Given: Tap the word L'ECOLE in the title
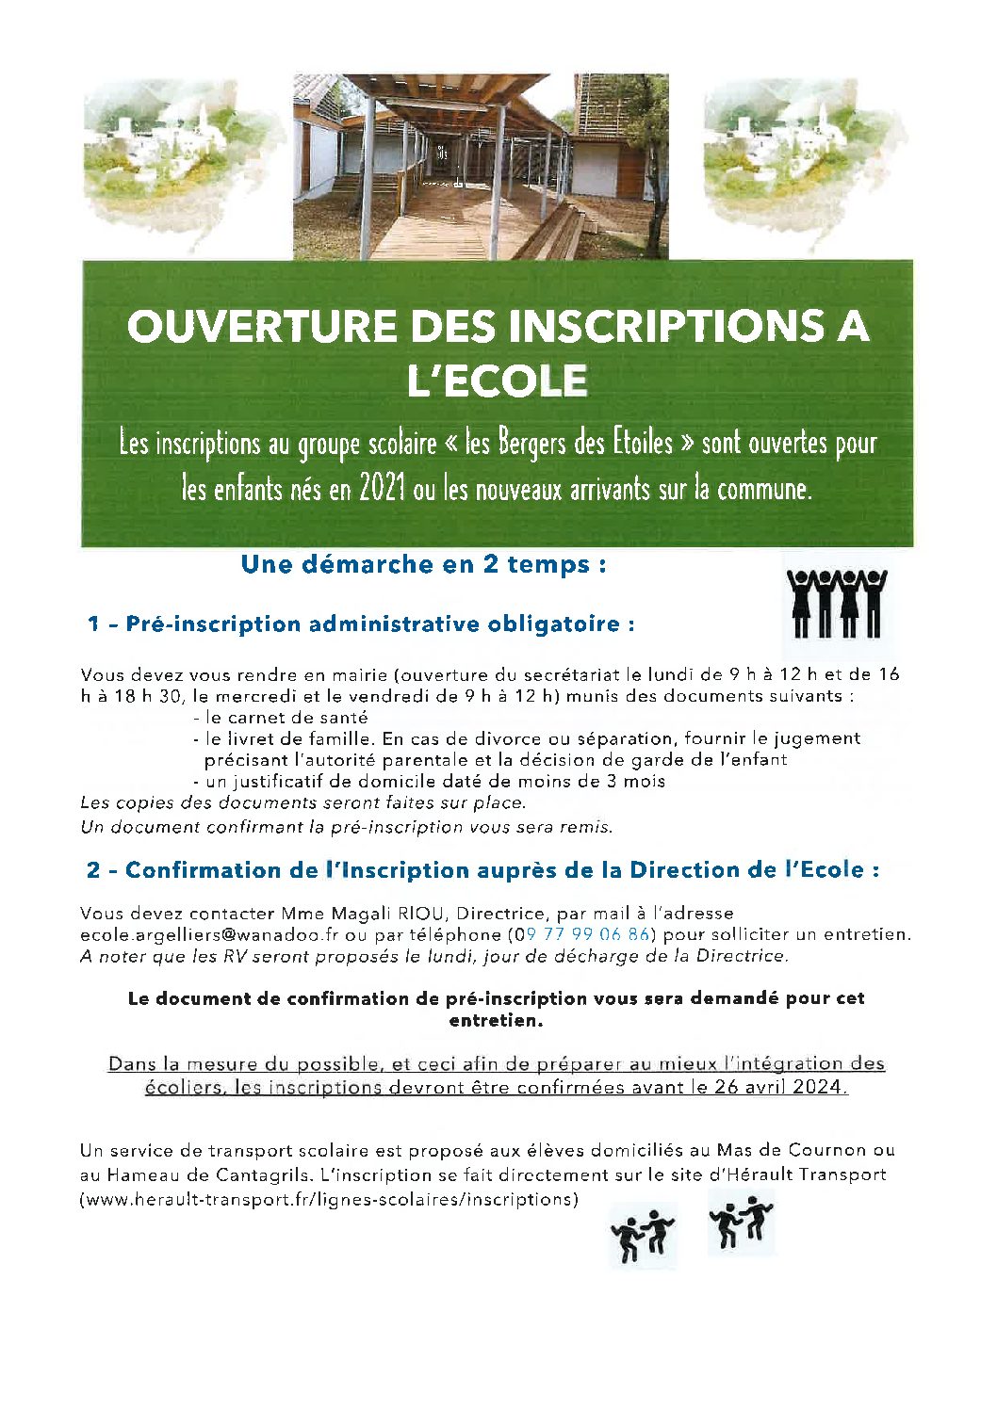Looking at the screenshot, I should pos(497,381).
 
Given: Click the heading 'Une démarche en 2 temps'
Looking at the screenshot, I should pos(423,565).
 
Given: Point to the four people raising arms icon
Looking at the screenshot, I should pos(837,603).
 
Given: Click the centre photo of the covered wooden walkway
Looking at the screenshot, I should pos(481,166).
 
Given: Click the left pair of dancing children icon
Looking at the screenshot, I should pos(644,1234).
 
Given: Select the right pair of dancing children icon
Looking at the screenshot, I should pos(742,1222).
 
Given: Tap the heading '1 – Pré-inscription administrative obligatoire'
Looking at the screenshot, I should pos(361,624).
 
